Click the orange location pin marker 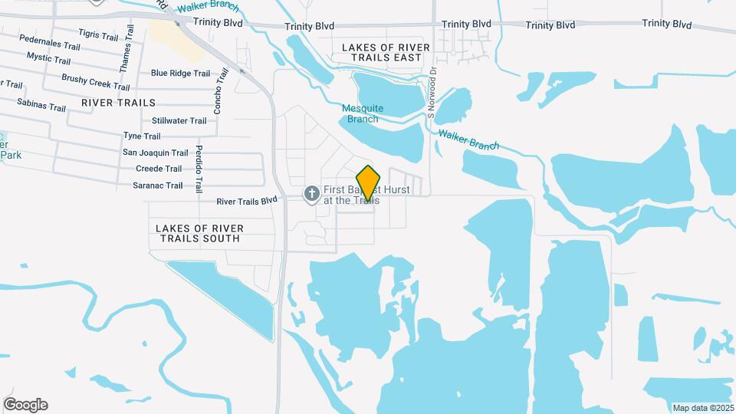369,182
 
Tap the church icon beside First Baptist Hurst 312,192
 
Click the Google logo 25,405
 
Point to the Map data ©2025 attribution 702,408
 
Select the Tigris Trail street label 99,36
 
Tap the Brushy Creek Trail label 96,80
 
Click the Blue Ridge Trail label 180,74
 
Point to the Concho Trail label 220,92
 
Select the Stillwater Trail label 179,120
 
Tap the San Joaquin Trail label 156,153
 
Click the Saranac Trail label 158,186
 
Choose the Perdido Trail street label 199,169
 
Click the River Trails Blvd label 246,202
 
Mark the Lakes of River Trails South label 199,233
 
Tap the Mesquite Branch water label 363,113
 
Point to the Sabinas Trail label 41,106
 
